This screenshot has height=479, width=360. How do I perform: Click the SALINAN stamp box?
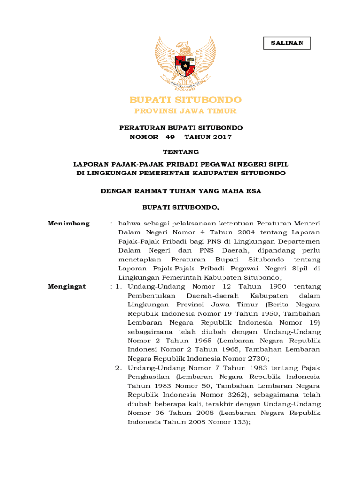(287, 43)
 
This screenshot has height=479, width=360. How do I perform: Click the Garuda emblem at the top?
(185, 64)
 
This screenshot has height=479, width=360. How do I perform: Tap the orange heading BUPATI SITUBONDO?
(186, 100)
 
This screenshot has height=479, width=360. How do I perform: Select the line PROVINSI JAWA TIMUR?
(186, 111)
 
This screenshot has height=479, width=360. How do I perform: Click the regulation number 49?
(170, 137)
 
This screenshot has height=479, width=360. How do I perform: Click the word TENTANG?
(180, 152)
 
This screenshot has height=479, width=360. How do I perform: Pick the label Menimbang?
(69, 224)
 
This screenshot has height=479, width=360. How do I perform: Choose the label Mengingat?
(67, 286)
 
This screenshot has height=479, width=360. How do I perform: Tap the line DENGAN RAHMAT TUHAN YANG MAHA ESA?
(181, 191)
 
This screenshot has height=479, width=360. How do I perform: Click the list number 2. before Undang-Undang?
(119, 368)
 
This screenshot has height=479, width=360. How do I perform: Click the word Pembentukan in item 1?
(151, 296)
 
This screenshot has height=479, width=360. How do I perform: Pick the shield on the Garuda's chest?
(185, 66)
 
